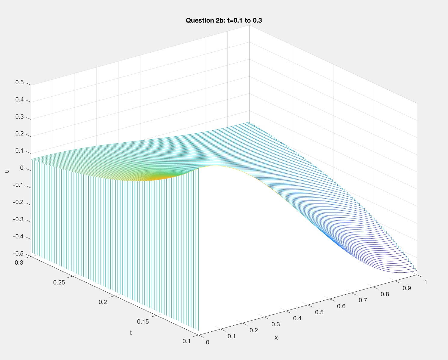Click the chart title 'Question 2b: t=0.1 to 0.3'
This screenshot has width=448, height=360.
[224, 20]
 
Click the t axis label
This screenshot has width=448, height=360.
[131, 333]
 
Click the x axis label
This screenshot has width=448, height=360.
[276, 338]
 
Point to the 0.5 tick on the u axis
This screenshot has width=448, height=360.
[20, 82]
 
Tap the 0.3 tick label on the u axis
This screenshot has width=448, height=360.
[20, 117]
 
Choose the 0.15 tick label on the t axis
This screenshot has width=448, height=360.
[143, 321]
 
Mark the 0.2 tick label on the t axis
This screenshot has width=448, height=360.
[103, 302]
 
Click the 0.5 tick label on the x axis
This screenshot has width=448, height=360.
[319, 312]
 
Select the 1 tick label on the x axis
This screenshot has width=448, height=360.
[426, 282]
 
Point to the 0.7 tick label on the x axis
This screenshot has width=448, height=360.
[363, 300]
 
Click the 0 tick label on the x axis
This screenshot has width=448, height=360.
[207, 342]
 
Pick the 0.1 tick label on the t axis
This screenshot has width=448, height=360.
[186, 341]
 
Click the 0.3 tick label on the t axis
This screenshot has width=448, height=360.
[19, 262]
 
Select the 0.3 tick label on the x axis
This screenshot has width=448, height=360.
[275, 324]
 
